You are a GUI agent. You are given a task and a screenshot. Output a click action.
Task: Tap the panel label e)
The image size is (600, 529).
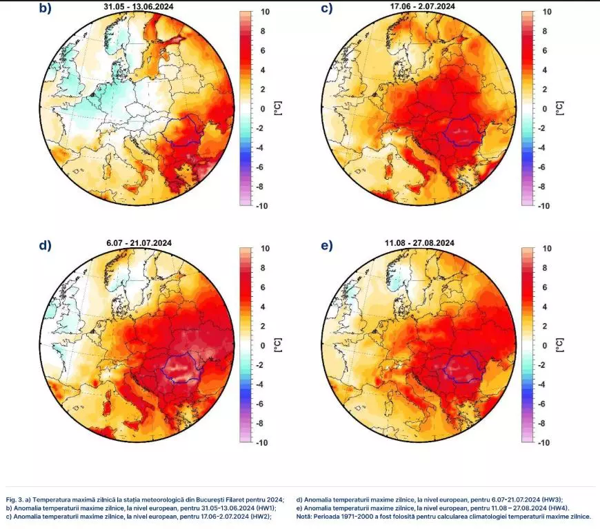tap(329, 245)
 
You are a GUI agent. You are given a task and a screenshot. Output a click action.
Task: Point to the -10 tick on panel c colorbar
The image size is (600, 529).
tap(544, 206)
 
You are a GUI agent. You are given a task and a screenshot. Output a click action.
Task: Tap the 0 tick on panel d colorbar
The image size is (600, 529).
tap(263, 346)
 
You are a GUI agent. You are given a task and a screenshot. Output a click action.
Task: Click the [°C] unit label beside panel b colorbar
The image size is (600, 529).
tap(278, 108)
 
